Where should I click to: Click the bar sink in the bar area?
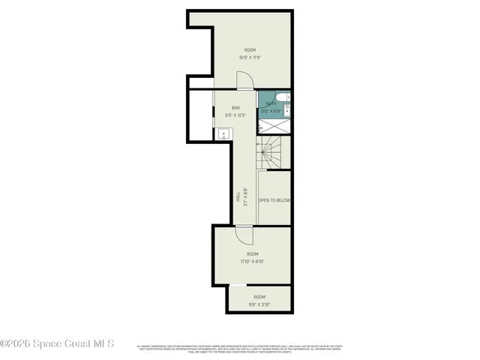[x=223, y=134]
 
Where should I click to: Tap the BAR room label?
[x=235, y=108]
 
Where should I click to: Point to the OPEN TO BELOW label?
[x=274, y=200]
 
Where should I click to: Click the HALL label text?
[x=238, y=197]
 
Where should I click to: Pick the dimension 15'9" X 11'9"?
[x=250, y=57]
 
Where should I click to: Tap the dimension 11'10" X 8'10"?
[x=253, y=261]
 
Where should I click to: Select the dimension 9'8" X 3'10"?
[x=259, y=304]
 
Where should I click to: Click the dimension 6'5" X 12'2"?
[x=235, y=115]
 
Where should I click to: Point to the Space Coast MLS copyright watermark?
[x=57, y=344]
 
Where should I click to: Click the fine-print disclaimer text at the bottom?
[x=238, y=349]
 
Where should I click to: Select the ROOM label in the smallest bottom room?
[x=259, y=297]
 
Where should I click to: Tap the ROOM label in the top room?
[x=250, y=50]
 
